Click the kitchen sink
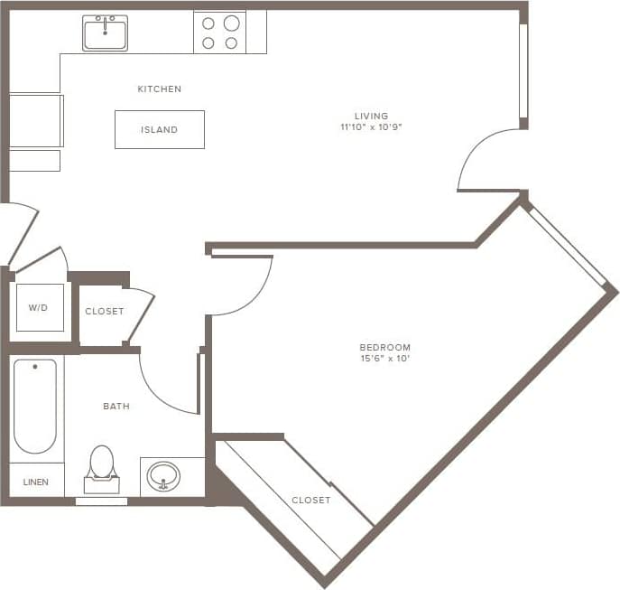(x=105, y=33)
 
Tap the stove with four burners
(x=219, y=33)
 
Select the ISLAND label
(x=159, y=130)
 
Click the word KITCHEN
(x=159, y=89)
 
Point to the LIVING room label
(x=371, y=116)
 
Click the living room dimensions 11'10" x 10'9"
(x=371, y=127)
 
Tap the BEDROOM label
(x=384, y=347)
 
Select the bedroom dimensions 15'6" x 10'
(x=384, y=359)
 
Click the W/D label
(x=38, y=308)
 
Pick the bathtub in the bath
(x=35, y=406)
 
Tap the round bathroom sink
(x=163, y=475)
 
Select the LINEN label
(x=36, y=481)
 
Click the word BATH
(x=116, y=407)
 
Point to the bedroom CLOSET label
(x=310, y=500)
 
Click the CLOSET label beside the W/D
(x=104, y=312)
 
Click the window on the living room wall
(x=523, y=70)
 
